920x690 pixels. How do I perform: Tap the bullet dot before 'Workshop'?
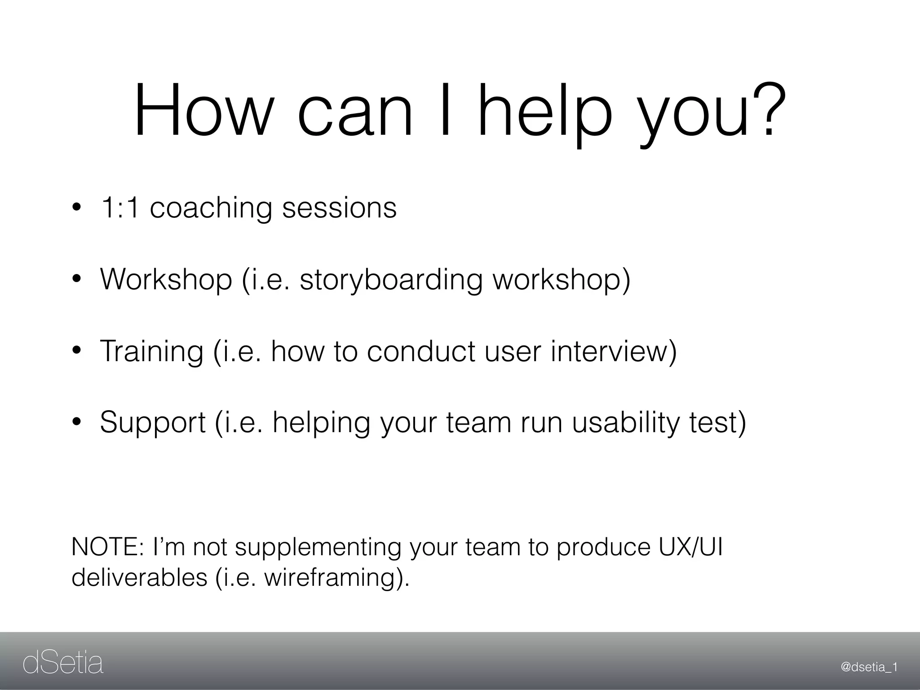[77, 280]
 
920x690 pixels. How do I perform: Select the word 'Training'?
[152, 352]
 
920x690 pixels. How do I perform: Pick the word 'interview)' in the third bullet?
[614, 351]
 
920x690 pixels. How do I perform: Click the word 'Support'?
[153, 423]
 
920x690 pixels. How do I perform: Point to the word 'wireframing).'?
[337, 578]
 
